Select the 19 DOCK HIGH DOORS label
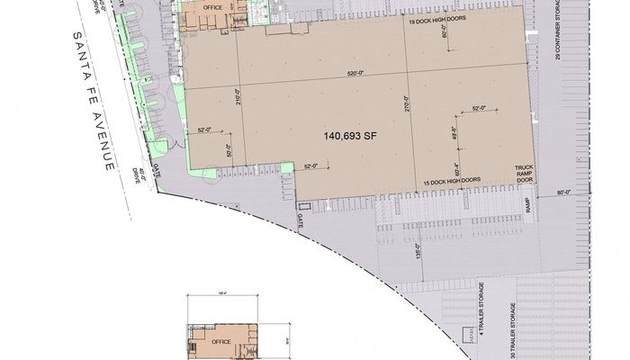point(436,19)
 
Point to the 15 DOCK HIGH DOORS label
point(452,181)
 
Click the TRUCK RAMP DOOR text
point(525,173)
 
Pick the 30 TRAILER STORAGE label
point(515,331)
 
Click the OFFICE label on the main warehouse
point(213,7)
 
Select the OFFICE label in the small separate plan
point(221,342)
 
